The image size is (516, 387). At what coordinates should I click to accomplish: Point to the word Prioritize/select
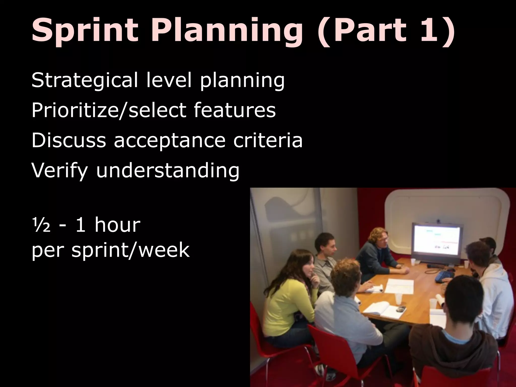pyautogui.click(x=109, y=110)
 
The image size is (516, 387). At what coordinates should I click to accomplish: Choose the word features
pyautogui.click(x=235, y=110)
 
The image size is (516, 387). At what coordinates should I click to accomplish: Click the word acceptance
pyautogui.click(x=170, y=141)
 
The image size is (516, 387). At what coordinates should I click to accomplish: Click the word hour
pyautogui.click(x=117, y=225)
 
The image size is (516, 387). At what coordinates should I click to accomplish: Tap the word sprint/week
pyautogui.click(x=130, y=250)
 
